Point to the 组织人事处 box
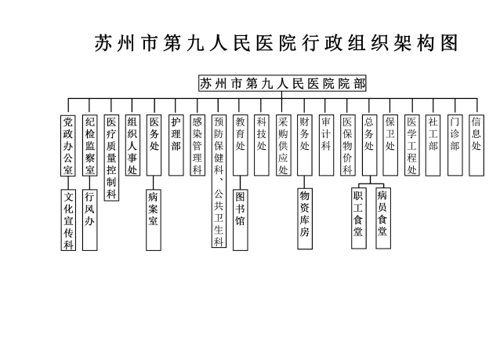point(132,145)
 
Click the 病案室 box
point(154,209)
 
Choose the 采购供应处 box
point(283,145)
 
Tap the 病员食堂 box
point(382,219)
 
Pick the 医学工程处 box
point(411,145)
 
